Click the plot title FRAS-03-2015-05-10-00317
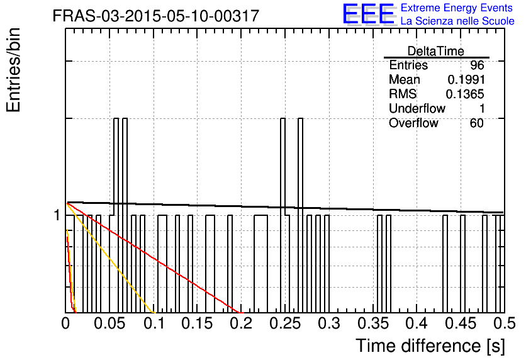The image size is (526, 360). [x=156, y=16]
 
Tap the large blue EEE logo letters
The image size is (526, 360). [x=368, y=14]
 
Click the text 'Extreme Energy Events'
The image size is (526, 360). [x=457, y=8]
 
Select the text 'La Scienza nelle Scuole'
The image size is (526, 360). [x=457, y=21]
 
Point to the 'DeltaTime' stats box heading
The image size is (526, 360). [x=436, y=51]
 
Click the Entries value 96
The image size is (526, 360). [x=477, y=65]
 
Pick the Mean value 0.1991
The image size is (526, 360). [x=466, y=79]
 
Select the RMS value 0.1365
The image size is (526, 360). [x=465, y=94]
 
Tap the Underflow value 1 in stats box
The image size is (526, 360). [x=482, y=108]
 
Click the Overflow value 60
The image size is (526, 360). [x=477, y=123]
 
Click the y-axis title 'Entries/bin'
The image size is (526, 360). [x=14, y=70]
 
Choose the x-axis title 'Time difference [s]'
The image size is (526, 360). [x=430, y=346]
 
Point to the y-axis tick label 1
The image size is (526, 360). [x=57, y=215]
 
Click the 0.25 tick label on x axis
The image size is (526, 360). [x=285, y=323]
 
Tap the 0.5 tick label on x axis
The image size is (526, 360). [x=505, y=323]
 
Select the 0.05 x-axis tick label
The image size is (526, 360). [x=109, y=323]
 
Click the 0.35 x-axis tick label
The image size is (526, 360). [x=373, y=323]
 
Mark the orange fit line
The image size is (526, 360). [x=111, y=257]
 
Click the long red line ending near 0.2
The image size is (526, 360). [x=155, y=257]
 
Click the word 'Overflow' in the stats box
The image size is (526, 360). [x=413, y=123]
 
